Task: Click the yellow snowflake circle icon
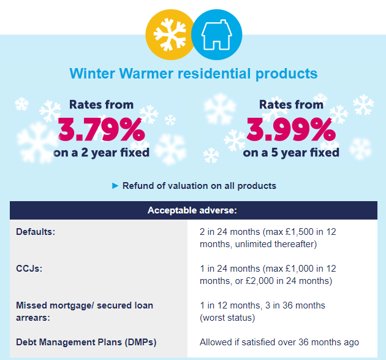click(170, 34)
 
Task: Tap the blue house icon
click(217, 34)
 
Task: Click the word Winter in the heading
click(93, 74)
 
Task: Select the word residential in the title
click(214, 74)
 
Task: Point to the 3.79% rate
click(102, 129)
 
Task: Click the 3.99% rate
click(291, 129)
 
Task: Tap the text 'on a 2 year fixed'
click(102, 153)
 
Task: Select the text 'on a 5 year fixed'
click(291, 153)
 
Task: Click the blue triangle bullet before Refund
click(115, 186)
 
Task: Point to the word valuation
click(188, 186)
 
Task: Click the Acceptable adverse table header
click(192, 210)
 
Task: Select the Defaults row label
click(36, 232)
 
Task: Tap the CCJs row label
click(29, 269)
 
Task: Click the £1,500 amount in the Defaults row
click(300, 232)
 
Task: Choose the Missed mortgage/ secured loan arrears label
click(85, 312)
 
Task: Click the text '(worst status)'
click(227, 318)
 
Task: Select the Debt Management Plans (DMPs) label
click(86, 342)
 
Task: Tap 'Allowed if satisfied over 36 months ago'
click(279, 342)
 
